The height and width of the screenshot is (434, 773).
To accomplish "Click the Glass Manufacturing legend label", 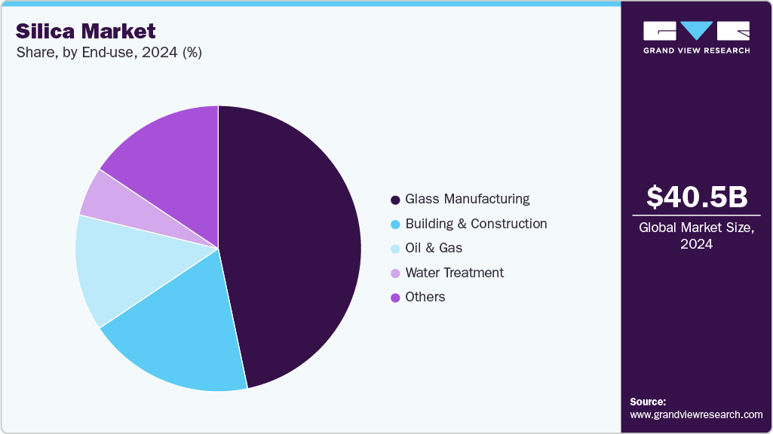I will point(467,199).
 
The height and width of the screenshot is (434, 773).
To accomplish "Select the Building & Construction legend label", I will point(476,224).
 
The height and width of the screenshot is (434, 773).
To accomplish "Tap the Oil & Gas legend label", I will point(434,248).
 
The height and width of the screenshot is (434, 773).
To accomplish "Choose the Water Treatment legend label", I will point(454,273).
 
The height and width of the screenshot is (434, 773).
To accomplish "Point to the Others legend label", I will point(425,297).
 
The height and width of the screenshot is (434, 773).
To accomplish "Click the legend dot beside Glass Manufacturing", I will point(395,200).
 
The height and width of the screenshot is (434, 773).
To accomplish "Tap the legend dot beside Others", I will point(395,298).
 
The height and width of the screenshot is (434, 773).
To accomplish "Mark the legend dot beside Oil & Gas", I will point(395,249).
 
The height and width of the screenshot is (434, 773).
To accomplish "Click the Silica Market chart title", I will point(86,31).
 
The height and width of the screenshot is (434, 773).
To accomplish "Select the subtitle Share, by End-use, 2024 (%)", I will point(109,53).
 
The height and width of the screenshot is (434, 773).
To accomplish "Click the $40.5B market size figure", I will point(697,197).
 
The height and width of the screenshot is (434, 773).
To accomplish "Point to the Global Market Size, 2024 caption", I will point(697,236).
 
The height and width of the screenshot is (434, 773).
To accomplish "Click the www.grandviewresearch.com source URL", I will point(696,414).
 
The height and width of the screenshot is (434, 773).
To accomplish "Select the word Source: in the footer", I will point(648,402).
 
